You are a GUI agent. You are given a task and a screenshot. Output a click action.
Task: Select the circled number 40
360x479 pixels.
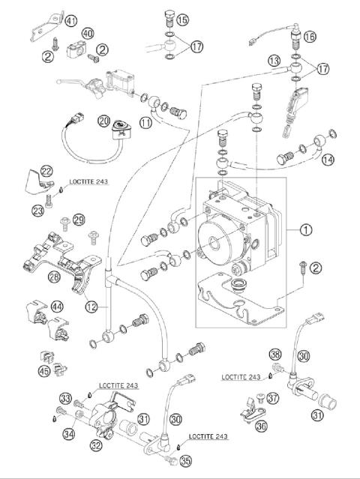point(87,34)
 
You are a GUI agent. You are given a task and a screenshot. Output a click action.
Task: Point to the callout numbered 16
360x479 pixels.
point(310,37)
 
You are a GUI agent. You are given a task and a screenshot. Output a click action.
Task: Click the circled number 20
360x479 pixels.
point(103,120)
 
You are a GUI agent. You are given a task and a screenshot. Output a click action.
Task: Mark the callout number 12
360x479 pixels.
point(91,306)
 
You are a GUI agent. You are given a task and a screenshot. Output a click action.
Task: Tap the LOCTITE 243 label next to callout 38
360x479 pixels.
point(241,376)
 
